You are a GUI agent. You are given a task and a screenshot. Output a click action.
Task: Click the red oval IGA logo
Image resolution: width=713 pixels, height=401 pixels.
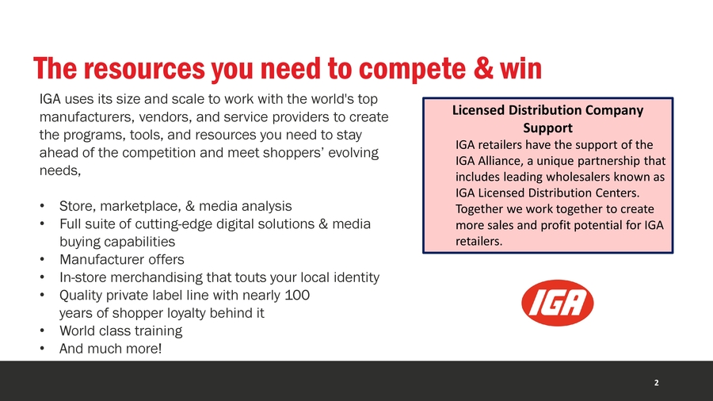558,303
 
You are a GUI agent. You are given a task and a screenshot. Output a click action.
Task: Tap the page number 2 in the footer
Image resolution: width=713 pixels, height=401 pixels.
656,383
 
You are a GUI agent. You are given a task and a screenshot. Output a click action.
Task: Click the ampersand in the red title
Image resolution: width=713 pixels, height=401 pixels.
483,69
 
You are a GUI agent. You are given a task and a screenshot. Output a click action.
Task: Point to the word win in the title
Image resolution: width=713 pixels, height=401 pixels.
520,69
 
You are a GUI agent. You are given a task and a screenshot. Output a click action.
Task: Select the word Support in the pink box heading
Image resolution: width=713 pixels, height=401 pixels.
547,128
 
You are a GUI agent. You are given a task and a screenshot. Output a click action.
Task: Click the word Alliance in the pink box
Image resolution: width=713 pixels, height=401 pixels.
500,161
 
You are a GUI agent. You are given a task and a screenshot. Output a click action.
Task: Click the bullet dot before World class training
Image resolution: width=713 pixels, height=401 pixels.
42,331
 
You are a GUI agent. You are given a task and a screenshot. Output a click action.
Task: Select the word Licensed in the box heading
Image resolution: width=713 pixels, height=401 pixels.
479,110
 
